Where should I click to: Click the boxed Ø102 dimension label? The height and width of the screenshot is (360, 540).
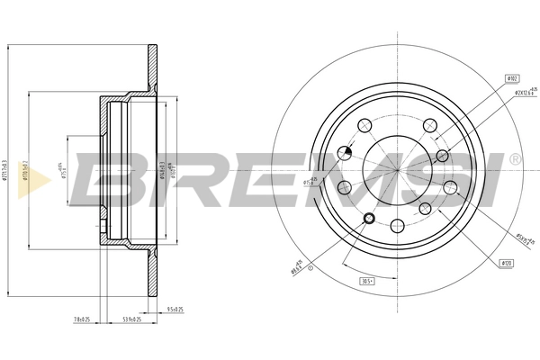click(x=512, y=79)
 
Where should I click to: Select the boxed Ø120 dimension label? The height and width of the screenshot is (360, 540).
click(x=508, y=262)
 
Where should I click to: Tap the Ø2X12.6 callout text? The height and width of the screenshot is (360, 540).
click(x=526, y=94)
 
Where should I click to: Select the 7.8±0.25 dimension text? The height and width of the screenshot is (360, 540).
click(x=83, y=319)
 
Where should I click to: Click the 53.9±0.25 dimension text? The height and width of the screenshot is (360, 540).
click(x=132, y=319)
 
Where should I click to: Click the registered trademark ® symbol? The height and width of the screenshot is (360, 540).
click(x=514, y=158)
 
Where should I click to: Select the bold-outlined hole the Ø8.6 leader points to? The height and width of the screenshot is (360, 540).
click(x=367, y=219)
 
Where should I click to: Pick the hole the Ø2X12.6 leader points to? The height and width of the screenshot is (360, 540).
click(x=441, y=154)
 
